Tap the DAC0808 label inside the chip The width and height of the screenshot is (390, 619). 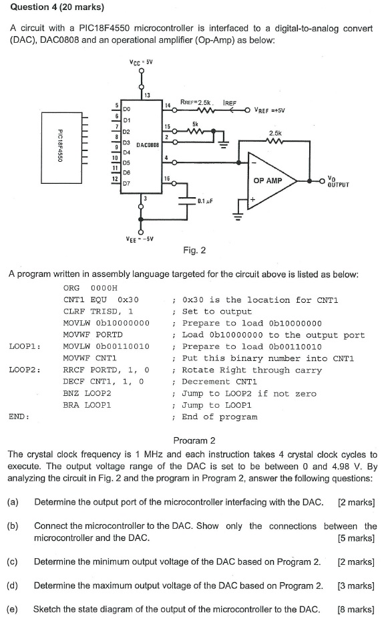point(147,144)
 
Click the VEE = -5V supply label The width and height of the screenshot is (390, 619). point(140,239)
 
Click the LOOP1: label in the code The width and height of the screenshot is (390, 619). point(25,346)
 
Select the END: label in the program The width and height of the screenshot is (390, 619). point(19,416)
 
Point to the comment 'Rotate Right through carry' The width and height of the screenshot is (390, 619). point(252,370)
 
